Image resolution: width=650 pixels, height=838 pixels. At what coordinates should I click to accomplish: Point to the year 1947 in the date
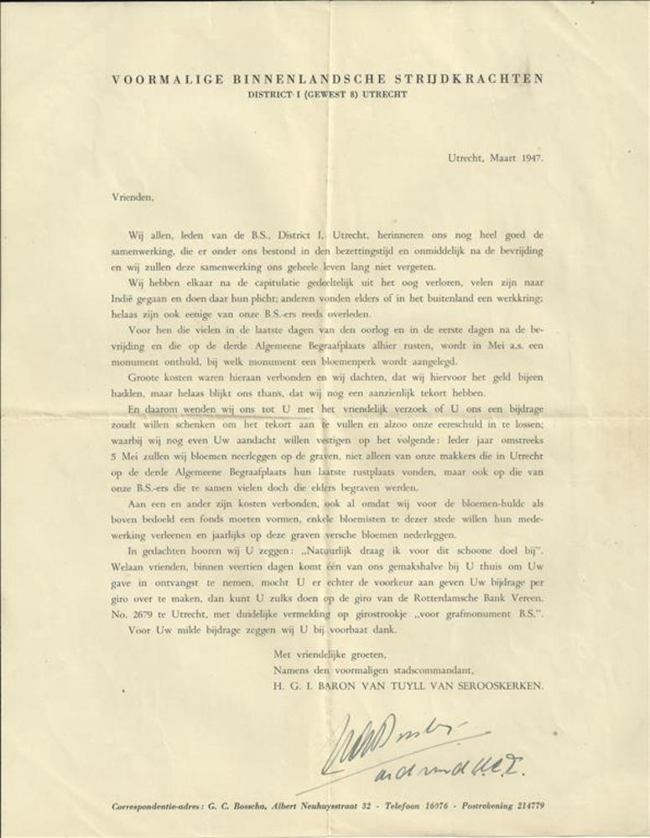[x=528, y=157]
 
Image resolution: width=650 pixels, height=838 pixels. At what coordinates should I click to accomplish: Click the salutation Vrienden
[x=133, y=198]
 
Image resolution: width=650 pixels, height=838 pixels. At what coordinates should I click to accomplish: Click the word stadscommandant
[x=424, y=669]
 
